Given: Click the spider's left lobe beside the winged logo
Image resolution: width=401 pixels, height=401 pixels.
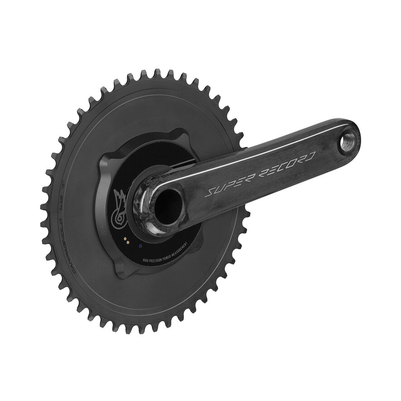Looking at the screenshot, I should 105,199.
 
